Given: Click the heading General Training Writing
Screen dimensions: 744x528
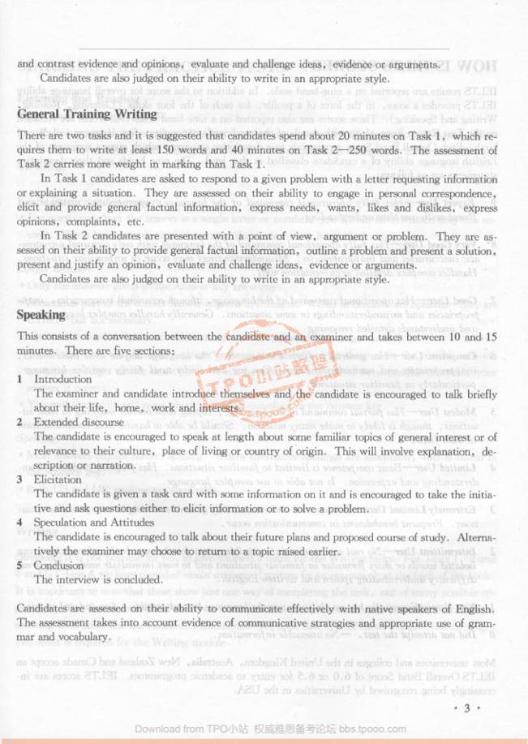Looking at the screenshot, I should (84, 114).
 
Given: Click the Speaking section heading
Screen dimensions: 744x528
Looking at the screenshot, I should (41, 314).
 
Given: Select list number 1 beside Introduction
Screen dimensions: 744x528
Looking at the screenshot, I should (19, 379).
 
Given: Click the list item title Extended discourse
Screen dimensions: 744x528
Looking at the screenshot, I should (71, 422).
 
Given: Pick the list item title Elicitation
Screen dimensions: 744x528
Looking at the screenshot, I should (57, 480).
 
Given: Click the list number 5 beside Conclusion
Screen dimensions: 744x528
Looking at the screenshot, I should (19, 566).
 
